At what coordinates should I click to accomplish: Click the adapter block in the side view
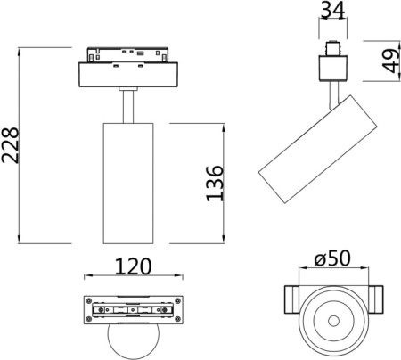click(x=335, y=68)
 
